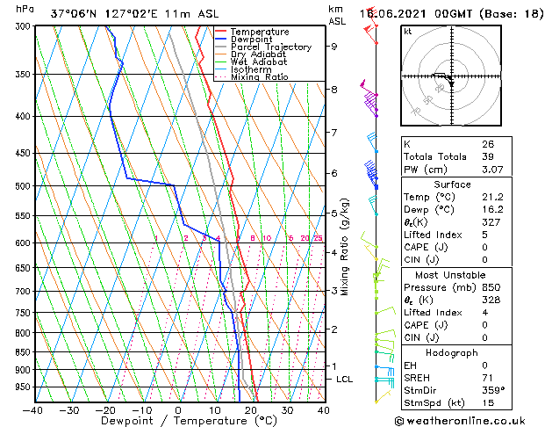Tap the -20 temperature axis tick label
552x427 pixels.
(105, 409)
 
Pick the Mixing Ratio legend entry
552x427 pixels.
(259, 77)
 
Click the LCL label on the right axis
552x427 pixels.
(344, 379)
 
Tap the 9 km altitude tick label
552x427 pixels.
(333, 47)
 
